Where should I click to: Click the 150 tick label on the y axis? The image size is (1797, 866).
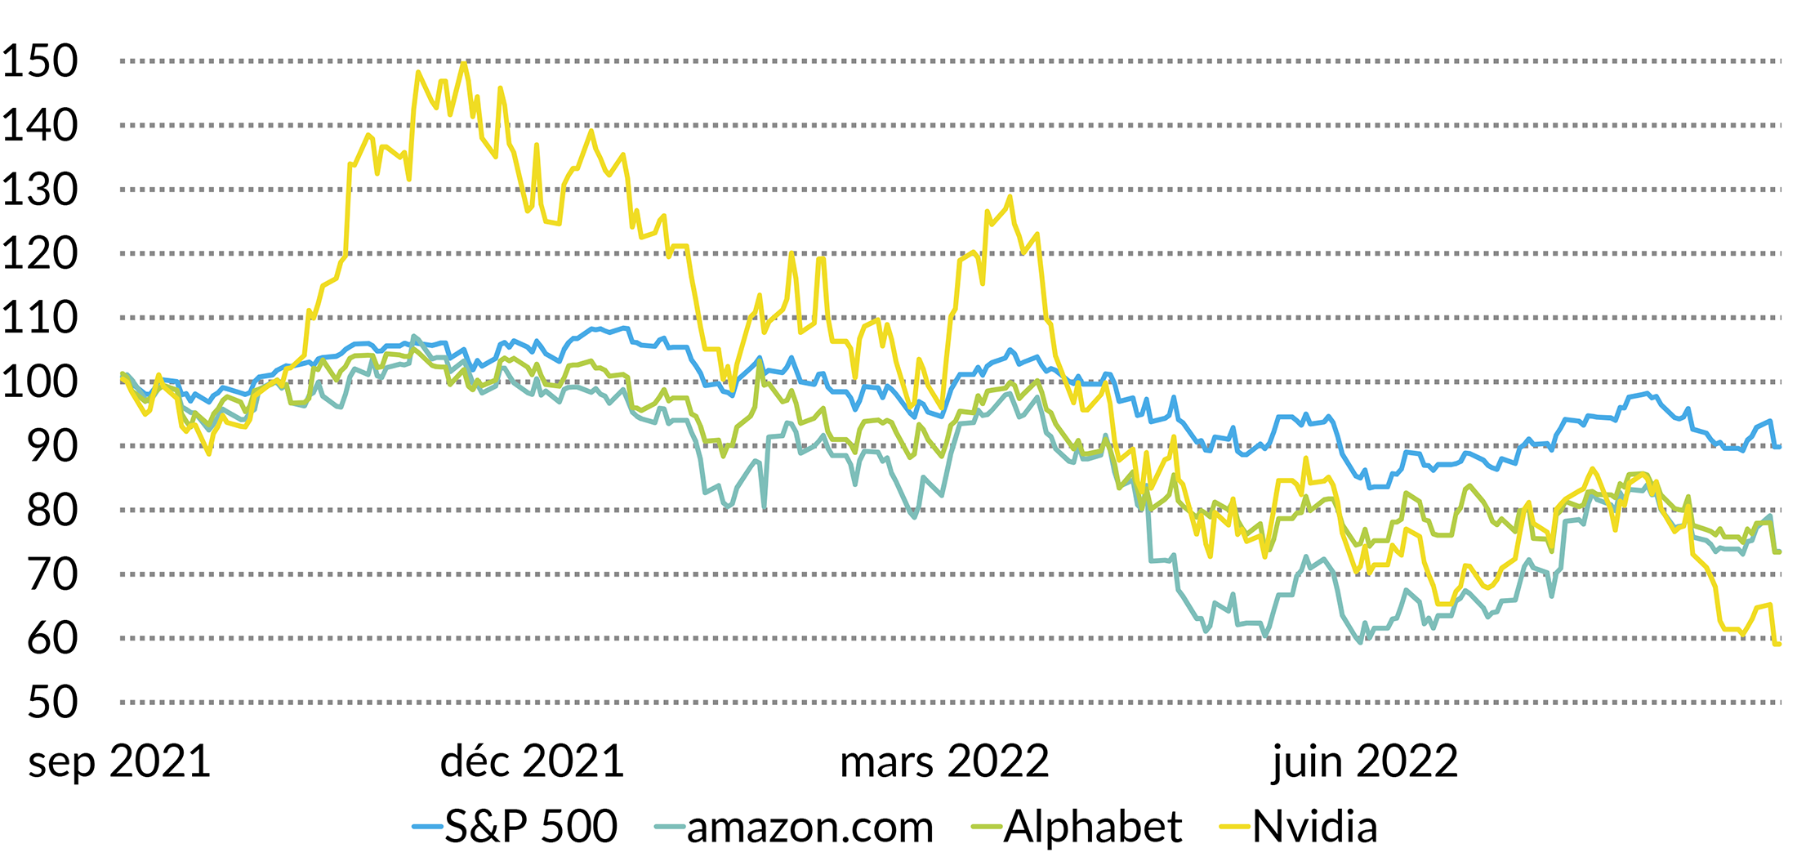39,61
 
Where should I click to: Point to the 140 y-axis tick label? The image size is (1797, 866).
39,126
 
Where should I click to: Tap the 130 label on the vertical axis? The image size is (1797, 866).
39,190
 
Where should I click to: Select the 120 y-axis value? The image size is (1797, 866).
39,254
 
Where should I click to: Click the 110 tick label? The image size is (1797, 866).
39,318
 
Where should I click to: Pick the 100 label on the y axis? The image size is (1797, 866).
39,382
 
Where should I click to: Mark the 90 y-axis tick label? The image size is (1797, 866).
52,446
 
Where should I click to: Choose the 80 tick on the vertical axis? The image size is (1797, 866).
52,511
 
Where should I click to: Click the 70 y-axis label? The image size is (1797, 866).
52,574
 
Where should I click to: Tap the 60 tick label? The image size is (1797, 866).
52,639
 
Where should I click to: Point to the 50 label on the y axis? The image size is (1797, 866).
52,703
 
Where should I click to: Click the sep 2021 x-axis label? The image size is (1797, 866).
119,761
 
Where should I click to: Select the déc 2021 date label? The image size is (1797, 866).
532,761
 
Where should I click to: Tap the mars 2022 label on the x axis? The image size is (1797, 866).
944,761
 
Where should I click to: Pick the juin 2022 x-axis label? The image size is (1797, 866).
1364,761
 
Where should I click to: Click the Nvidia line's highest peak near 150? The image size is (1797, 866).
464,63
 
